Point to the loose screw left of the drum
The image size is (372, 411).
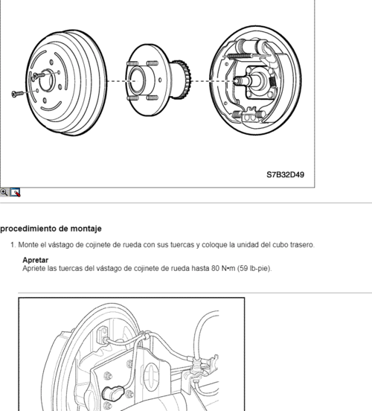[18, 94]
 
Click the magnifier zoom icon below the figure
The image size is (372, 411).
[4, 191]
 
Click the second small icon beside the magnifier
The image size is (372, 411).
[15, 191]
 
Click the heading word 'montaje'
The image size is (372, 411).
[84, 228]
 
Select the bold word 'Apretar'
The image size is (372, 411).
[36, 260]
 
